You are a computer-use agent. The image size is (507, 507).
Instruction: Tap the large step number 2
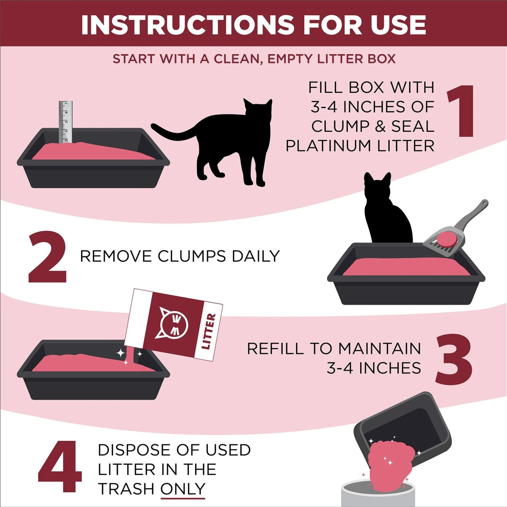tap(47, 257)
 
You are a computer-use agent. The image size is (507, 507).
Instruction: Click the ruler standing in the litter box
tap(65, 122)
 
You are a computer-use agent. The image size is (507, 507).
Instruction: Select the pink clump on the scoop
tap(446, 240)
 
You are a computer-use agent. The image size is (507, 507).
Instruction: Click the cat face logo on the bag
tap(174, 324)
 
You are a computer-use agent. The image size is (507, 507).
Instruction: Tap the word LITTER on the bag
tap(208, 331)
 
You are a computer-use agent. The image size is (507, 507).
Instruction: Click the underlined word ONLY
tap(183, 489)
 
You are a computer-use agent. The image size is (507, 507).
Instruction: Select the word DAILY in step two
tap(256, 256)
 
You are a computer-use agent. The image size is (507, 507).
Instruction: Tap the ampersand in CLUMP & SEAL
tap(380, 126)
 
